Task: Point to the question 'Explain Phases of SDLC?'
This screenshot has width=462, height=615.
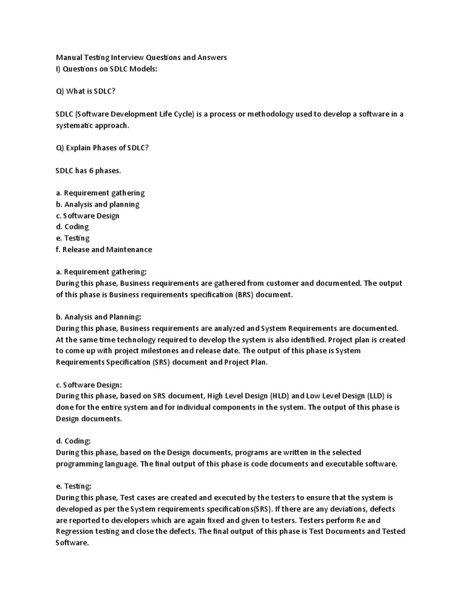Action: [x=102, y=148]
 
